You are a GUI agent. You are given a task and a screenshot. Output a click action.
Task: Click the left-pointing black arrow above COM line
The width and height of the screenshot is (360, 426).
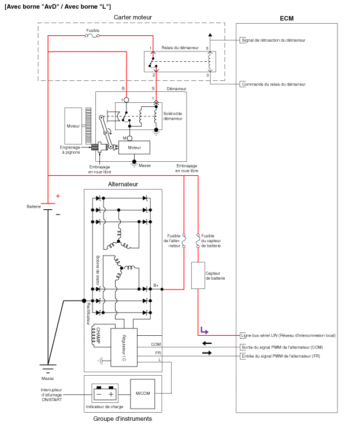pyautogui.click(x=206, y=343)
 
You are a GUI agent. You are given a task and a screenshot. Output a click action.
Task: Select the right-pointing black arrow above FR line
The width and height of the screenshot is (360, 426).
pyautogui.click(x=206, y=353)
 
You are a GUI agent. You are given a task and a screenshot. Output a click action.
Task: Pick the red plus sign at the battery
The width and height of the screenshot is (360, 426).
pyautogui.click(x=57, y=196)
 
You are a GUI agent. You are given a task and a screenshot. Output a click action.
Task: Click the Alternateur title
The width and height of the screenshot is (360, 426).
pyautogui.click(x=123, y=185)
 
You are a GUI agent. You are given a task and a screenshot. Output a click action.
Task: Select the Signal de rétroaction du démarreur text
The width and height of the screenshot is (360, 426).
pyautogui.click(x=274, y=40)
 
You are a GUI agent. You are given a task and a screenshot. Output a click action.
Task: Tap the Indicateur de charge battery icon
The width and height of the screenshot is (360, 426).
pyautogui.click(x=106, y=394)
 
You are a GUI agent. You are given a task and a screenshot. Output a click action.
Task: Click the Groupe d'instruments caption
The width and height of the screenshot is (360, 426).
pyautogui.click(x=123, y=418)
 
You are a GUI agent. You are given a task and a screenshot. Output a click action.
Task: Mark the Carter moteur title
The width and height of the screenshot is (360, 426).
pyautogui.click(x=133, y=17)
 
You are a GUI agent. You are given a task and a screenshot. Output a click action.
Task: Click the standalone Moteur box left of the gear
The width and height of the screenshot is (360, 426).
pyautogui.click(x=73, y=125)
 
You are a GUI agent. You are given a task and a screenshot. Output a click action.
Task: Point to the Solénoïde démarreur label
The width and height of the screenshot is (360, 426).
pyautogui.click(x=172, y=116)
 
